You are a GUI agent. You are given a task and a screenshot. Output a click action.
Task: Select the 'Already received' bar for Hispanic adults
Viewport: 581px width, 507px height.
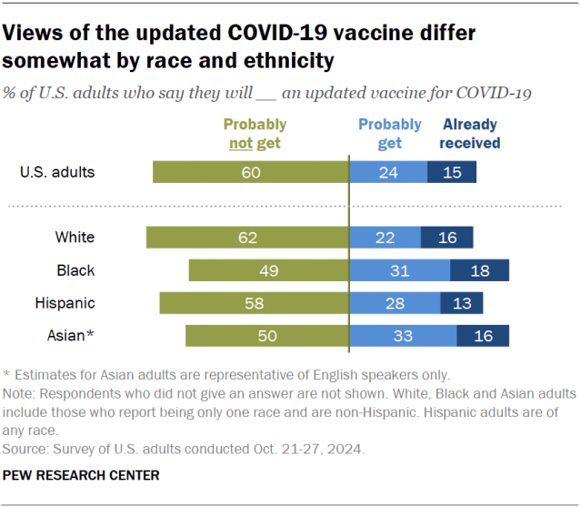(461, 303)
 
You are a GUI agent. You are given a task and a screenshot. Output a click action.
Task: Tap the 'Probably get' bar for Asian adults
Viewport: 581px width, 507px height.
(404, 336)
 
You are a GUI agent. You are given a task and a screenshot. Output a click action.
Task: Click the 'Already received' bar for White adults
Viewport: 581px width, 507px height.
(447, 238)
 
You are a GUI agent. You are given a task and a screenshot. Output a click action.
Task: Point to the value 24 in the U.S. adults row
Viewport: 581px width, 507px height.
(388, 172)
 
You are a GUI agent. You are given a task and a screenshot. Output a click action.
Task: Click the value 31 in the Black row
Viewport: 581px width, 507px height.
(400, 270)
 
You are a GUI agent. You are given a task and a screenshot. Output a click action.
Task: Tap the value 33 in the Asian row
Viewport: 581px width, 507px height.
(404, 336)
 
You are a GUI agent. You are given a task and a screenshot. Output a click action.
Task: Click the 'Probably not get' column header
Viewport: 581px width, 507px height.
(254, 133)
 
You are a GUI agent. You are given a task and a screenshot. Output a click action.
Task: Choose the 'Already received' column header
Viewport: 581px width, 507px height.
(470, 133)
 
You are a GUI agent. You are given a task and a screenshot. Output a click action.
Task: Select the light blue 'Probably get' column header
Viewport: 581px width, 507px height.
(389, 133)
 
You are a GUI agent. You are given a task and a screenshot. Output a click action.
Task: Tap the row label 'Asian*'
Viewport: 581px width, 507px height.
(70, 336)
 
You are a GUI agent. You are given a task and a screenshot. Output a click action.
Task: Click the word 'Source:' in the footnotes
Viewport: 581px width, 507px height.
(25, 448)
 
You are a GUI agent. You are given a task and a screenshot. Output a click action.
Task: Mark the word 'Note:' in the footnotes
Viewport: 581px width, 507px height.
(20, 393)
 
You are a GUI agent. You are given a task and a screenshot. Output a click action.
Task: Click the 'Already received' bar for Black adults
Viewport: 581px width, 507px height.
(479, 270)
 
